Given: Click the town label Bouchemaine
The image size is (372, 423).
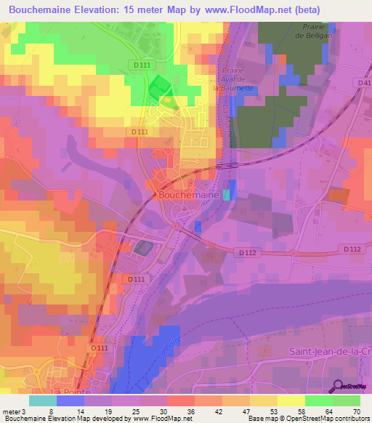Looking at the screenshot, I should point(187,196).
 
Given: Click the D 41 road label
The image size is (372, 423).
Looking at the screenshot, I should point(364,83).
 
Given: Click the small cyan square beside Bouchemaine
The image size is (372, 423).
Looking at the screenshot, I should point(227,195).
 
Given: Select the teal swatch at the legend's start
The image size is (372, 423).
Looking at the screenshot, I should point(43,400).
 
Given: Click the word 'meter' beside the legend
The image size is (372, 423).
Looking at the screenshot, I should point(12,411).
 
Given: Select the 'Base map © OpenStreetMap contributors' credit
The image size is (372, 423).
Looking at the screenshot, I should point(308,419).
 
